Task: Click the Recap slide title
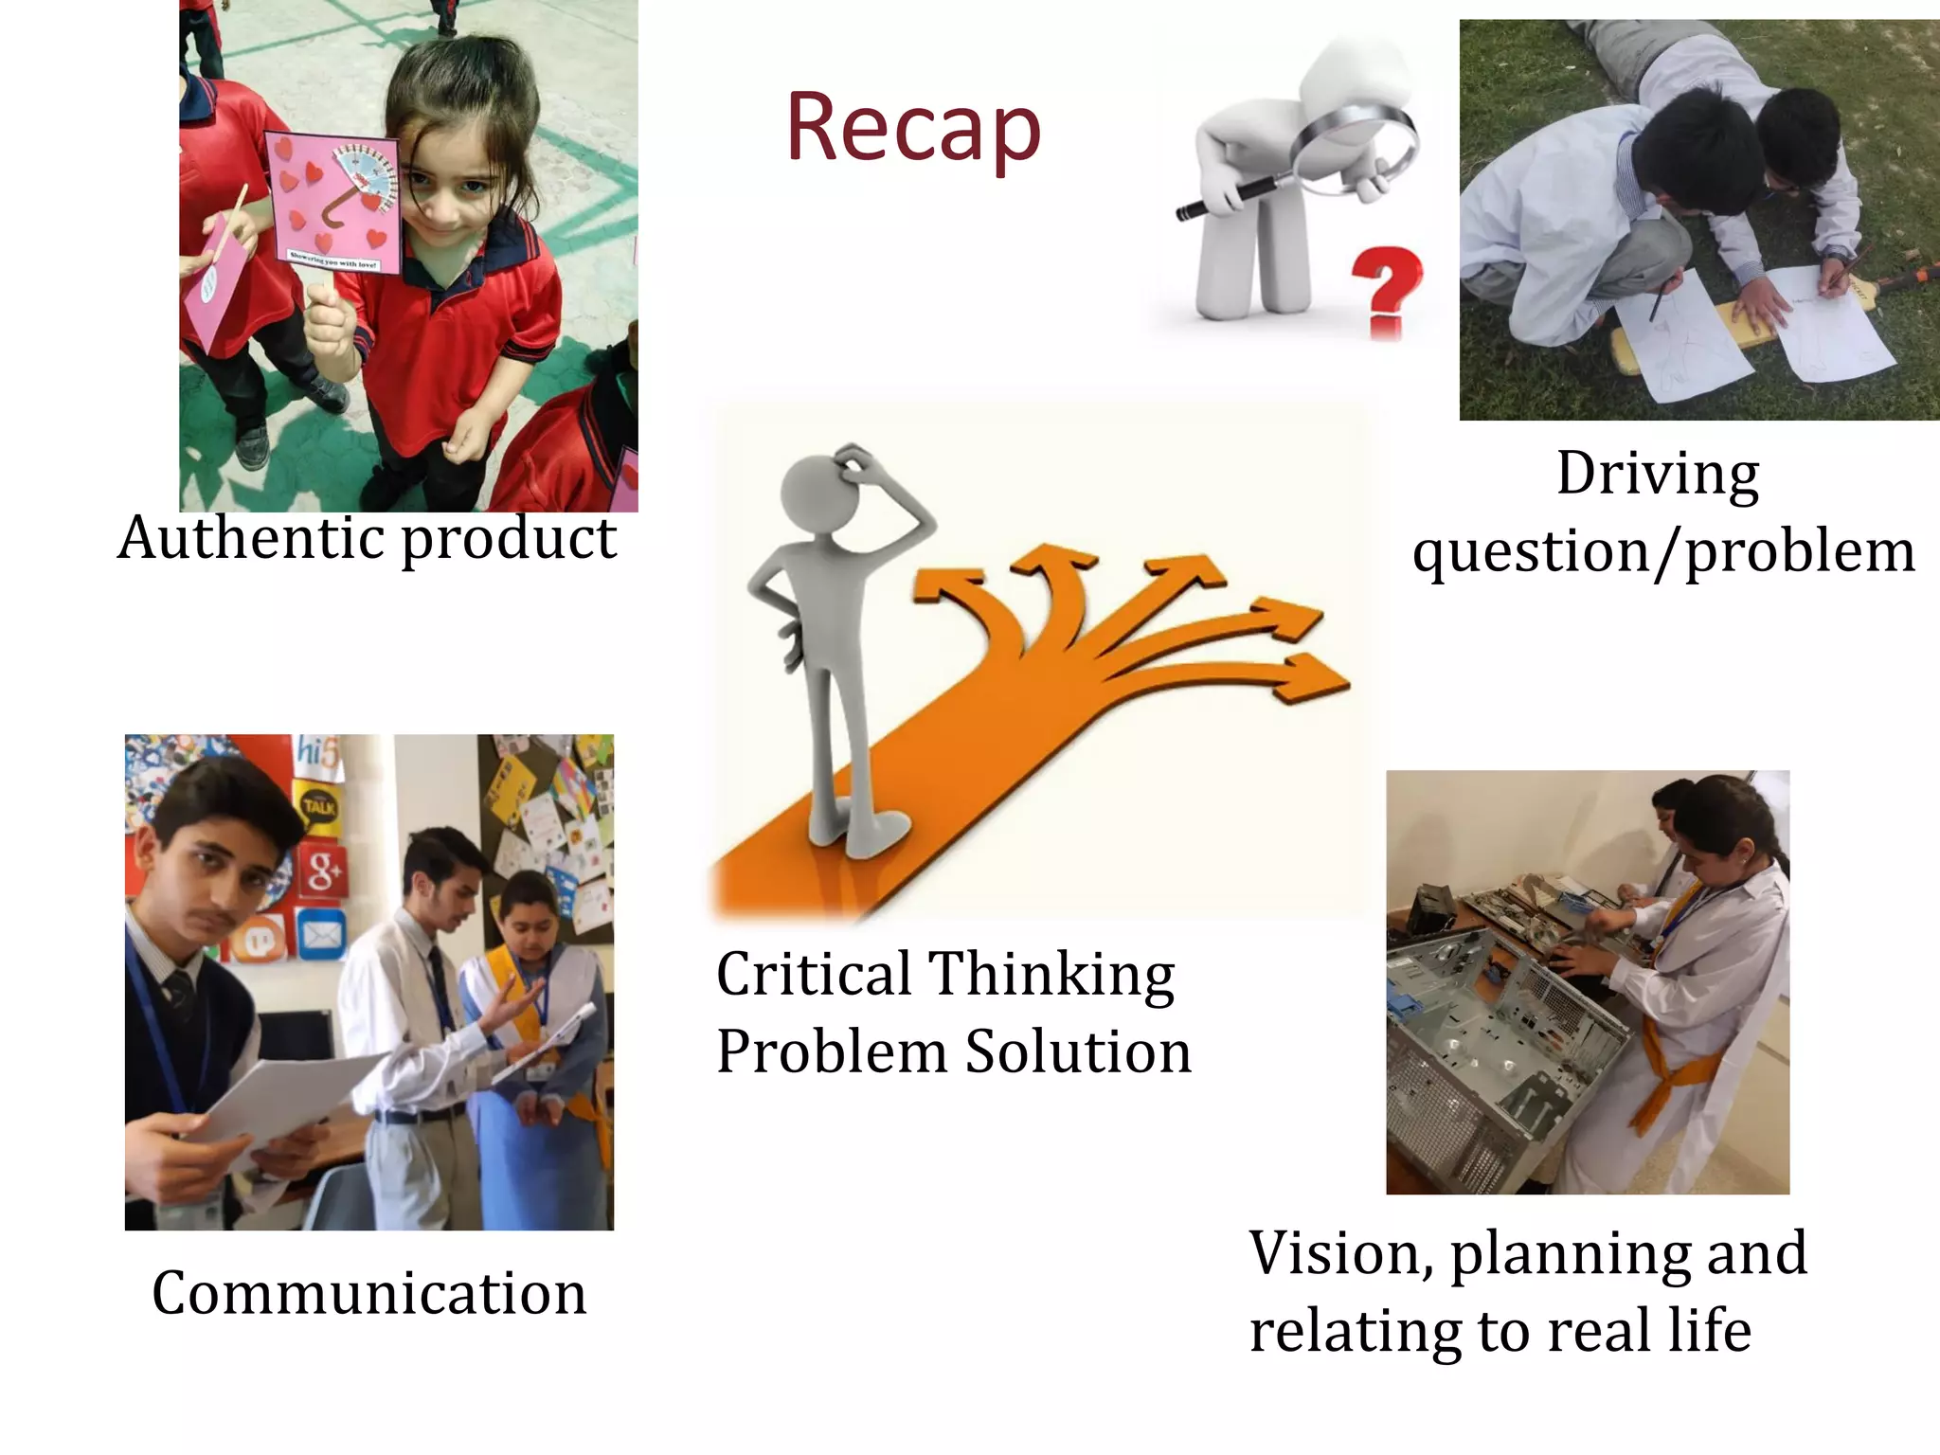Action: (913, 128)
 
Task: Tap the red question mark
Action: (1386, 288)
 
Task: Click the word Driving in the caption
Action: (1658, 473)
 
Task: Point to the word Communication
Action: (369, 1293)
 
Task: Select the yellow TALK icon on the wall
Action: (318, 805)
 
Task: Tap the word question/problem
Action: (1663, 551)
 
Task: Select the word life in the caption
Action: (1710, 1330)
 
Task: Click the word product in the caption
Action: (509, 540)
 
